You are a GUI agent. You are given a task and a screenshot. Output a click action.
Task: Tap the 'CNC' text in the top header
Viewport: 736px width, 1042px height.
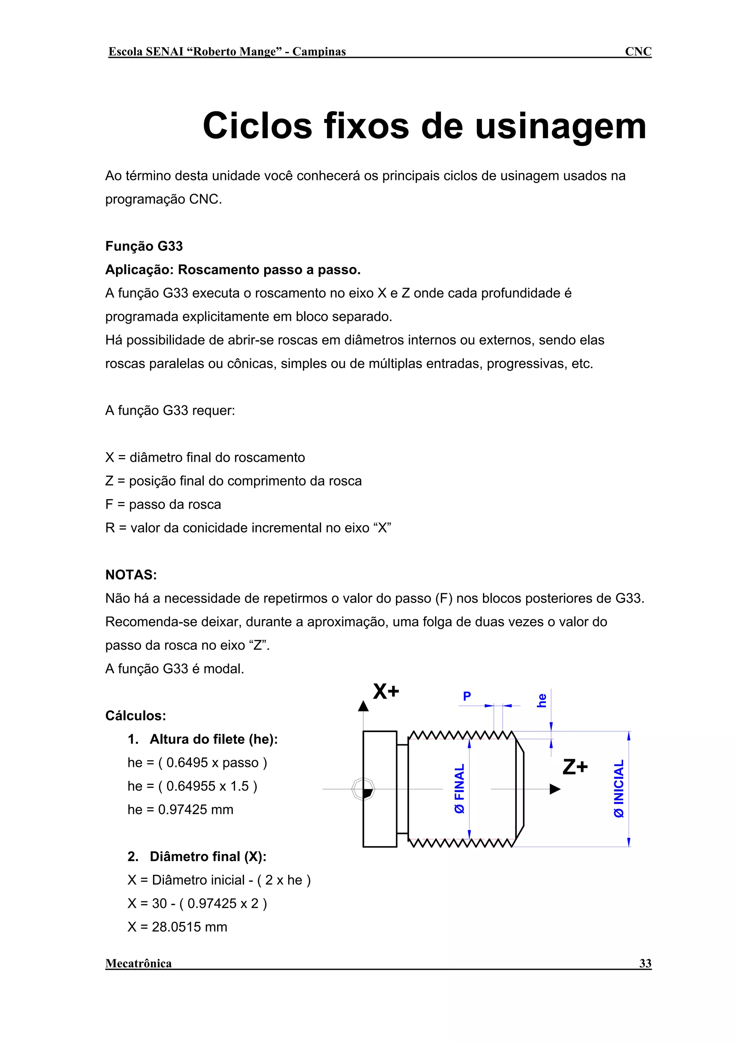tap(638, 51)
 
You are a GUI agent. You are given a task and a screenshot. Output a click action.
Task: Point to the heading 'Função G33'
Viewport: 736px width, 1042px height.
tap(144, 246)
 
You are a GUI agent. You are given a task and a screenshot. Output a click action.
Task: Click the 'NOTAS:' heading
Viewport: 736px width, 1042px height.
tap(131, 575)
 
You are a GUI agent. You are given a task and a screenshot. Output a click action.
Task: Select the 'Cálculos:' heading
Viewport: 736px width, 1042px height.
tap(135, 716)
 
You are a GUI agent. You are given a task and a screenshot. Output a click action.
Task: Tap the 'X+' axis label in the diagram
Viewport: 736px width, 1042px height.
tap(386, 692)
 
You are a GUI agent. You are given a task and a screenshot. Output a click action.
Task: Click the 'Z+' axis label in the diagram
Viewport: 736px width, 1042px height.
tap(575, 767)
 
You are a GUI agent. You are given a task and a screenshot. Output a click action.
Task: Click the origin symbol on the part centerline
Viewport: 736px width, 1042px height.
tap(363, 789)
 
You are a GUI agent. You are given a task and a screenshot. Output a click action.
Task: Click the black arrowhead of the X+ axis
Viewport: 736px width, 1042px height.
tap(363, 706)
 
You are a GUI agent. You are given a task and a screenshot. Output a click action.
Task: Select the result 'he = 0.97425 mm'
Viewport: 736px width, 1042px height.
tap(180, 810)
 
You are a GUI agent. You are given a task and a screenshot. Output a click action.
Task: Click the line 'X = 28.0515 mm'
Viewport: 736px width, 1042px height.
tap(177, 927)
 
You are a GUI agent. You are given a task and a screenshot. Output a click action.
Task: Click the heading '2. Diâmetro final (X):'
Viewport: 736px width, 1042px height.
tap(197, 856)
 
